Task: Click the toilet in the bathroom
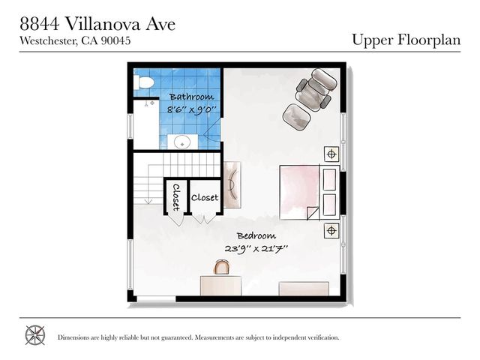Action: pos(144,82)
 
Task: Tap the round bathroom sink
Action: pos(181,140)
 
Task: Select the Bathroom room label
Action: pos(191,97)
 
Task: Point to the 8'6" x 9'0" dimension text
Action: pos(192,109)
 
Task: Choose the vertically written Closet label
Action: pos(176,198)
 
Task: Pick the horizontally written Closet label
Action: pos(205,198)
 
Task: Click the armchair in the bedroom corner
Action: pos(313,88)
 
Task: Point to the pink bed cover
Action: pos(299,190)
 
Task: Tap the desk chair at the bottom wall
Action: pos(222,267)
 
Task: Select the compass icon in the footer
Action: pos(35,335)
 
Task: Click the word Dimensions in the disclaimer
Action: pos(76,337)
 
